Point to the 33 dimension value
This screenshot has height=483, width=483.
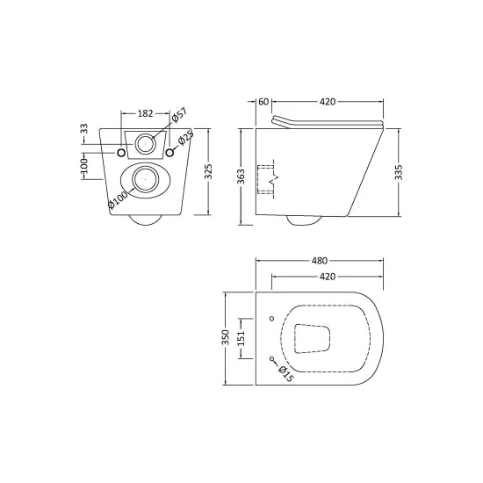(84, 128)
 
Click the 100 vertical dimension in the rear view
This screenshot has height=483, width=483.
(84, 165)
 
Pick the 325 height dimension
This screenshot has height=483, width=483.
(208, 171)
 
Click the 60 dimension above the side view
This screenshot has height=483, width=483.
(263, 102)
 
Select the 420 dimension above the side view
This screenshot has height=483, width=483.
(328, 102)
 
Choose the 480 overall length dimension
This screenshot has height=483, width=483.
(319, 261)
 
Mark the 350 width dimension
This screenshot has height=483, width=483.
(227, 337)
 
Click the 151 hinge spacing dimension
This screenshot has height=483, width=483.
(245, 338)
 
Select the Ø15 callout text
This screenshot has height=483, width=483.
(286, 374)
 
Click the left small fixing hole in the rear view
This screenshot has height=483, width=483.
(121, 154)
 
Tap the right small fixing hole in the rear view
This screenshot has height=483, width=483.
(169, 154)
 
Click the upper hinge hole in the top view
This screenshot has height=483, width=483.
(272, 317)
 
